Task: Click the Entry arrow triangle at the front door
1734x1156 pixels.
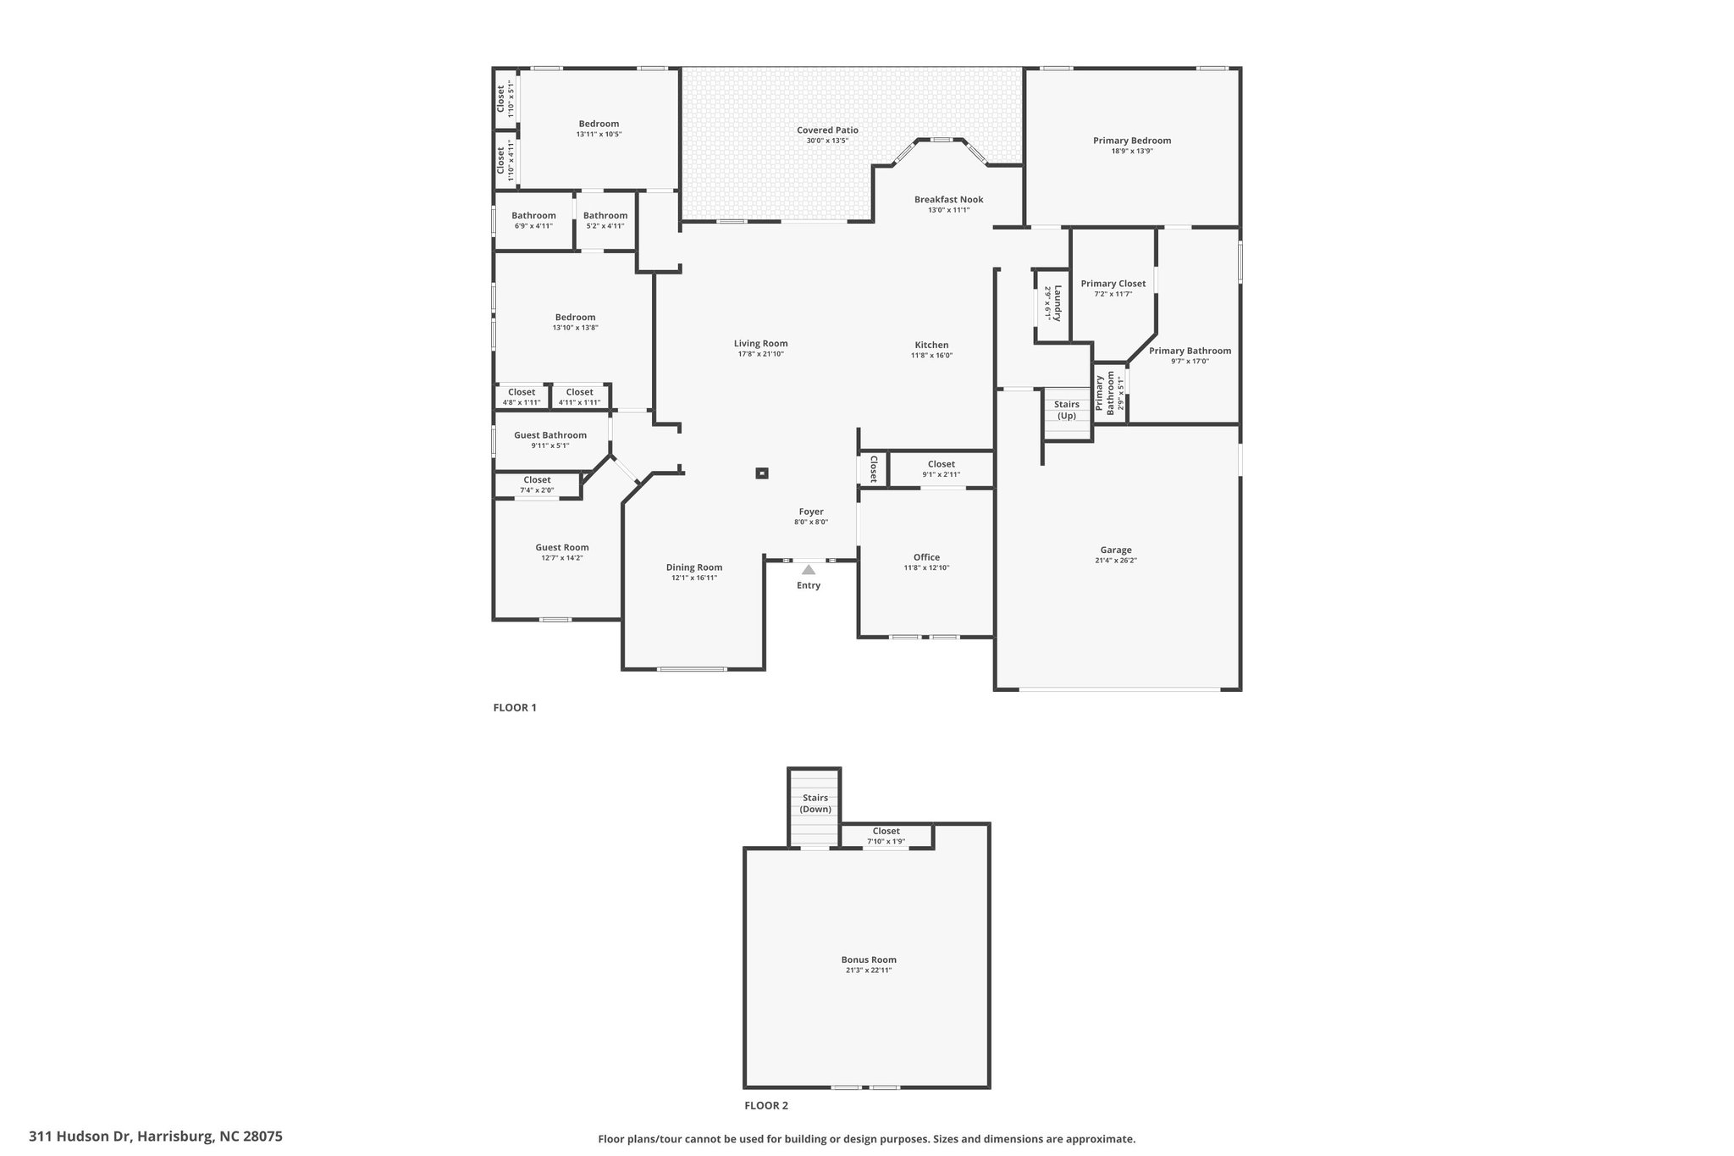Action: coord(809,570)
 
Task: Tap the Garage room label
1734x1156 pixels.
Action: coord(1116,550)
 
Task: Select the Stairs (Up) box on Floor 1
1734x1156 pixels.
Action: coord(1067,410)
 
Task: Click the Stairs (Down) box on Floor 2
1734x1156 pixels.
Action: coord(815,804)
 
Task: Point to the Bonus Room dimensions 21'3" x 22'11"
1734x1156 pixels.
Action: coord(869,971)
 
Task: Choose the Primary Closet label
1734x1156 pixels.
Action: coord(1113,284)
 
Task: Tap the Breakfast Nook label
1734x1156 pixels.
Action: coord(948,200)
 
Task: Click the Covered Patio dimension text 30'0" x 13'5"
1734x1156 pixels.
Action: coord(827,141)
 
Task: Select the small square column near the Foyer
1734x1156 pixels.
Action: coord(762,473)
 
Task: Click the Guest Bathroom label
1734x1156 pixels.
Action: coord(550,435)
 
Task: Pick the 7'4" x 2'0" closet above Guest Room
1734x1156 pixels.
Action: coord(537,484)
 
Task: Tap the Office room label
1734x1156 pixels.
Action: coord(926,557)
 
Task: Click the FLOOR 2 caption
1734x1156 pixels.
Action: coord(766,1105)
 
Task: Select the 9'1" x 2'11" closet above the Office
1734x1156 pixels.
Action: coord(941,468)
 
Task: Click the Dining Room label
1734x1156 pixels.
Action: coord(694,567)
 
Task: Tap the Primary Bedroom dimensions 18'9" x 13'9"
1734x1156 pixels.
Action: coord(1132,151)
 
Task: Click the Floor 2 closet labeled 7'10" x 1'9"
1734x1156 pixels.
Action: coord(886,836)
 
